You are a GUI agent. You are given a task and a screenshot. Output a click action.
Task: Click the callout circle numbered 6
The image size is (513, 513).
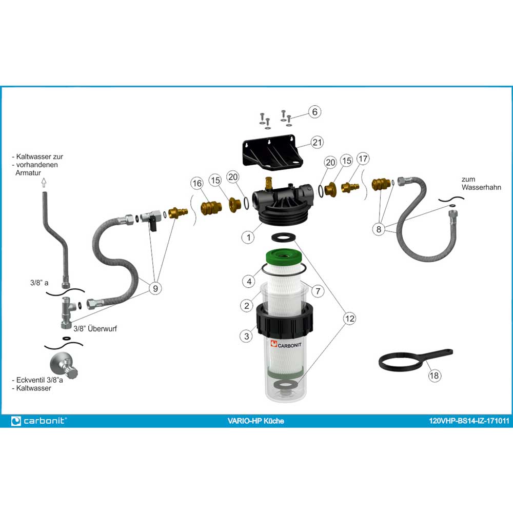coord(315,112)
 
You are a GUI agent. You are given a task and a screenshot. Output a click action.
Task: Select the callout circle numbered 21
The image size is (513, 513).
coord(317,142)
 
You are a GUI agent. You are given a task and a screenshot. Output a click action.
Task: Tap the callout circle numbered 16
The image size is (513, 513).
coord(197,183)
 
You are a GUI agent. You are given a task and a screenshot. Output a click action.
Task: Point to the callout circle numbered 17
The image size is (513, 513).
coord(363,159)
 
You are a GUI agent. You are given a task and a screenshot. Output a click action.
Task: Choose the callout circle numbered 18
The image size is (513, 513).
coord(434,376)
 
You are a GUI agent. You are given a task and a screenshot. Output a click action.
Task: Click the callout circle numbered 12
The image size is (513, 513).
coord(349,319)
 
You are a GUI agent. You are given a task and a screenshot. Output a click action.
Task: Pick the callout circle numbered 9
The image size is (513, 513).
coord(155,288)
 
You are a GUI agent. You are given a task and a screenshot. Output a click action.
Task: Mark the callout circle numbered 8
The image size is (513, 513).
coord(379,229)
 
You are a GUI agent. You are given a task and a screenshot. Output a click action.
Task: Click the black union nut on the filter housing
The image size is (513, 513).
coord(284,322)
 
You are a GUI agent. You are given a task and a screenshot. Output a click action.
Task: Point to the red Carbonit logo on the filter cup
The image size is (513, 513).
coord(274,344)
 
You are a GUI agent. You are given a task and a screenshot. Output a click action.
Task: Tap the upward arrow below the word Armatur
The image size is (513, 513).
coord(44,182)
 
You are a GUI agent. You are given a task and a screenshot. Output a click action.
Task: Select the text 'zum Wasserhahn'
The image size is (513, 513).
coord(481,183)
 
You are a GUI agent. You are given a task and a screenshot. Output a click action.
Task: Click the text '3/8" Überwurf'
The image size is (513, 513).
coord(95,328)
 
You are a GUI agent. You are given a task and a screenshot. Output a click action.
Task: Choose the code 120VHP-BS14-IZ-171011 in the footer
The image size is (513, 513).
coord(469,421)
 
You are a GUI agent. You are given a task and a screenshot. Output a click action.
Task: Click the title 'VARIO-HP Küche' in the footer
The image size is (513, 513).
coord(255,421)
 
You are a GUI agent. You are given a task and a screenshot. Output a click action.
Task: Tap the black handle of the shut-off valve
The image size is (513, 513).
coord(153,225)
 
